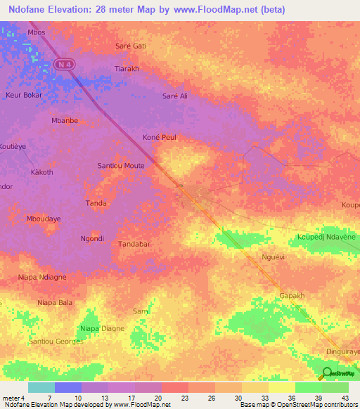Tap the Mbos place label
coord(36,32)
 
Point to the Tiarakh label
coord(127,69)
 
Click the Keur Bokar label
coord(24,95)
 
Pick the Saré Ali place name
coord(175,96)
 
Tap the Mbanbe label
coord(65,120)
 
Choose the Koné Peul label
coord(159,137)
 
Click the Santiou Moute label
coord(120,166)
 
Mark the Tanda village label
coord(96,203)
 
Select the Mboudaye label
coord(44,219)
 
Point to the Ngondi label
coord(92,238)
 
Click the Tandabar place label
coord(135,244)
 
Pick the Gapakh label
coord(292,296)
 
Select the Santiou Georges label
coord(56,341)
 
